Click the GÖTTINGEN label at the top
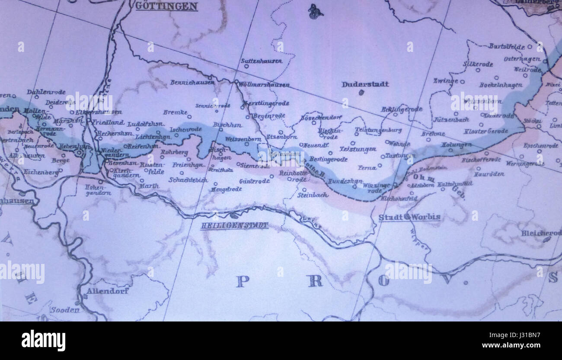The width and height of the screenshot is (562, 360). pos(166,6)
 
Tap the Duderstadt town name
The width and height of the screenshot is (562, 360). pos(365,84)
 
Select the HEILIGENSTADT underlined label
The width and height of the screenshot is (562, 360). pos(234,225)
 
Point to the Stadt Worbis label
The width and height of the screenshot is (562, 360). pos(409,217)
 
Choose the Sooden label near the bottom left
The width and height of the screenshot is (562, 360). pos(65,309)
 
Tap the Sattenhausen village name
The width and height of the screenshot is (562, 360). pos(261,61)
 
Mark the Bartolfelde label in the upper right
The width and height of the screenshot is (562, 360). pos(507,46)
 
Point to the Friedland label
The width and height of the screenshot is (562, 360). pos(108,122)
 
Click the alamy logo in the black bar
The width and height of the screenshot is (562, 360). pos(43,341)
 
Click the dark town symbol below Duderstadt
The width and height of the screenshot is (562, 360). pos(361,92)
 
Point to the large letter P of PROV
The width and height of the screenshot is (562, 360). pos(243,281)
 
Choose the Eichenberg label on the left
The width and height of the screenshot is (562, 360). pos(41,172)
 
